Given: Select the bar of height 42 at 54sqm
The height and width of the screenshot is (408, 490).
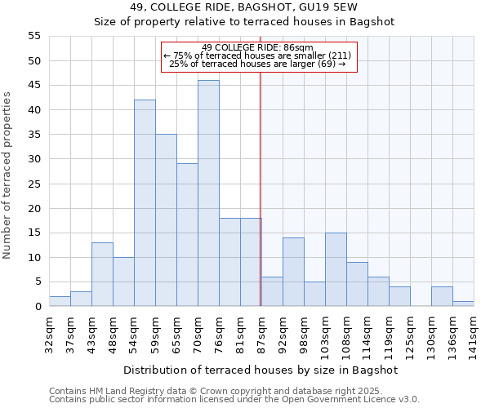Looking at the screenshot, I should pos(145,203).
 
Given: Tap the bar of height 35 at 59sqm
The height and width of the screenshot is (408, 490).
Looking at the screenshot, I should pos(166,220).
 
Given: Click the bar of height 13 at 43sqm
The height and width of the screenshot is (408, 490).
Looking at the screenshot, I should pos(102,274).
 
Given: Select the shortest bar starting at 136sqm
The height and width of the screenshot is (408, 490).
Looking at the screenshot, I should pos(463,304).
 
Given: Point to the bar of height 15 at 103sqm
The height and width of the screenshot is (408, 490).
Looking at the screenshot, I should pos(336,269).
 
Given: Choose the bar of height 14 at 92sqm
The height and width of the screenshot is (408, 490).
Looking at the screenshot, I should pos(293,272).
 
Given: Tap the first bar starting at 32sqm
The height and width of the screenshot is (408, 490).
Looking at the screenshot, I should pos(60,301).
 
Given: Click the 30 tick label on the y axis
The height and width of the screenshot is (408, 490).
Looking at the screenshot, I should pos(33,159).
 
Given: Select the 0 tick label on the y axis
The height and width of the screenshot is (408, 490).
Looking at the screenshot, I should pos(37,307).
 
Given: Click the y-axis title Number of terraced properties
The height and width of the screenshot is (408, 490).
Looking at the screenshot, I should pos(8,175).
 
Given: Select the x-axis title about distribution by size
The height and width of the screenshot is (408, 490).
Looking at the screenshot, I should pos(261,370).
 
